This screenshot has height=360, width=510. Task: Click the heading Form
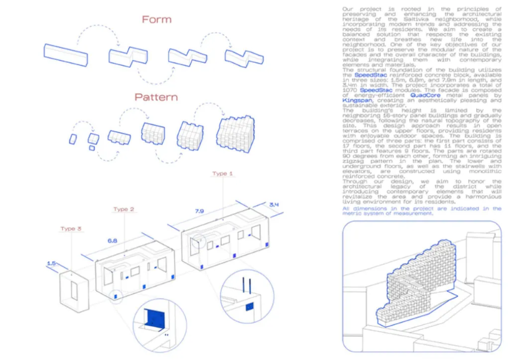pos(156,19)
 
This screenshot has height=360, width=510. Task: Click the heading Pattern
pos(156,96)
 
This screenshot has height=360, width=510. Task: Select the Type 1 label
pos(223,174)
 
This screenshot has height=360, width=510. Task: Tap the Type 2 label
pos(124,209)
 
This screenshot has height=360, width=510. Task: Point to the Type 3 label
pos(71,229)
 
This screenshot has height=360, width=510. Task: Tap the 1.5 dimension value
pos(51,262)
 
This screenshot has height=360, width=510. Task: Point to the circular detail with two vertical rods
pos(247,299)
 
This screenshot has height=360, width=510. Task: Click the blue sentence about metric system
pos(422,211)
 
